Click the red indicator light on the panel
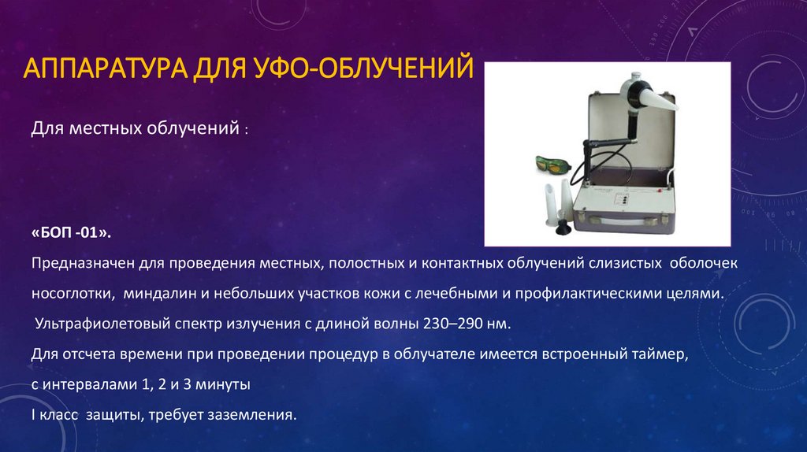[x=640, y=199]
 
